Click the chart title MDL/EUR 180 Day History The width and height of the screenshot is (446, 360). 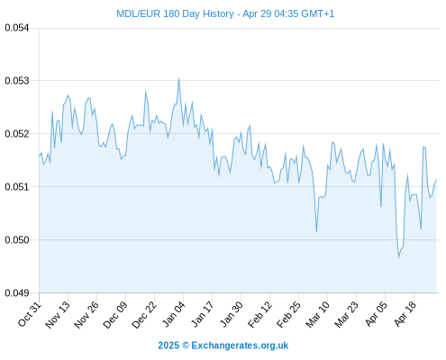pyautogui.click(x=175, y=13)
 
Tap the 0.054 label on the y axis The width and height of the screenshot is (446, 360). pyautogui.click(x=17, y=28)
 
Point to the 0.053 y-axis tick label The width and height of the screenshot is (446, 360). pyautogui.click(x=17, y=81)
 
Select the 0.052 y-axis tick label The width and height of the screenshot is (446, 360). pyautogui.click(x=17, y=134)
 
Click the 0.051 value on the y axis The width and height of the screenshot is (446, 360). pyautogui.click(x=17, y=187)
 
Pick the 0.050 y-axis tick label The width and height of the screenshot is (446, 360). pyautogui.click(x=17, y=240)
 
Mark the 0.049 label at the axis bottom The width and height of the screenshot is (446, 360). pyautogui.click(x=17, y=292)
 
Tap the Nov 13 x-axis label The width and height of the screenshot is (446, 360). pyautogui.click(x=58, y=314)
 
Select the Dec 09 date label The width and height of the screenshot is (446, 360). pyautogui.click(x=115, y=314)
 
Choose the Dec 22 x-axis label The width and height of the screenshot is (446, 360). pyautogui.click(x=144, y=314)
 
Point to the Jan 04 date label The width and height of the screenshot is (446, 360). pyautogui.click(x=173, y=314)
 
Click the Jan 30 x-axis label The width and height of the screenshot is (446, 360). pyautogui.click(x=231, y=314)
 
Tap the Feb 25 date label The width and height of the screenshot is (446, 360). pyautogui.click(x=288, y=314)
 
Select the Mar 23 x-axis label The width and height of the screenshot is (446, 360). pyautogui.click(x=346, y=314)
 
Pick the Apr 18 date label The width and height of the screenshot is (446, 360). pyautogui.click(x=405, y=314)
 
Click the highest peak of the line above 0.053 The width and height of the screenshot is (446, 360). pyautogui.click(x=178, y=78)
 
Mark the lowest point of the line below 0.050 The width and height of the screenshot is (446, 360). pyautogui.click(x=399, y=257)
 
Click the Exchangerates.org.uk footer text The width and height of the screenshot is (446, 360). pyautogui.click(x=240, y=346)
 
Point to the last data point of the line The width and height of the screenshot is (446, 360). pyautogui.click(x=436, y=179)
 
